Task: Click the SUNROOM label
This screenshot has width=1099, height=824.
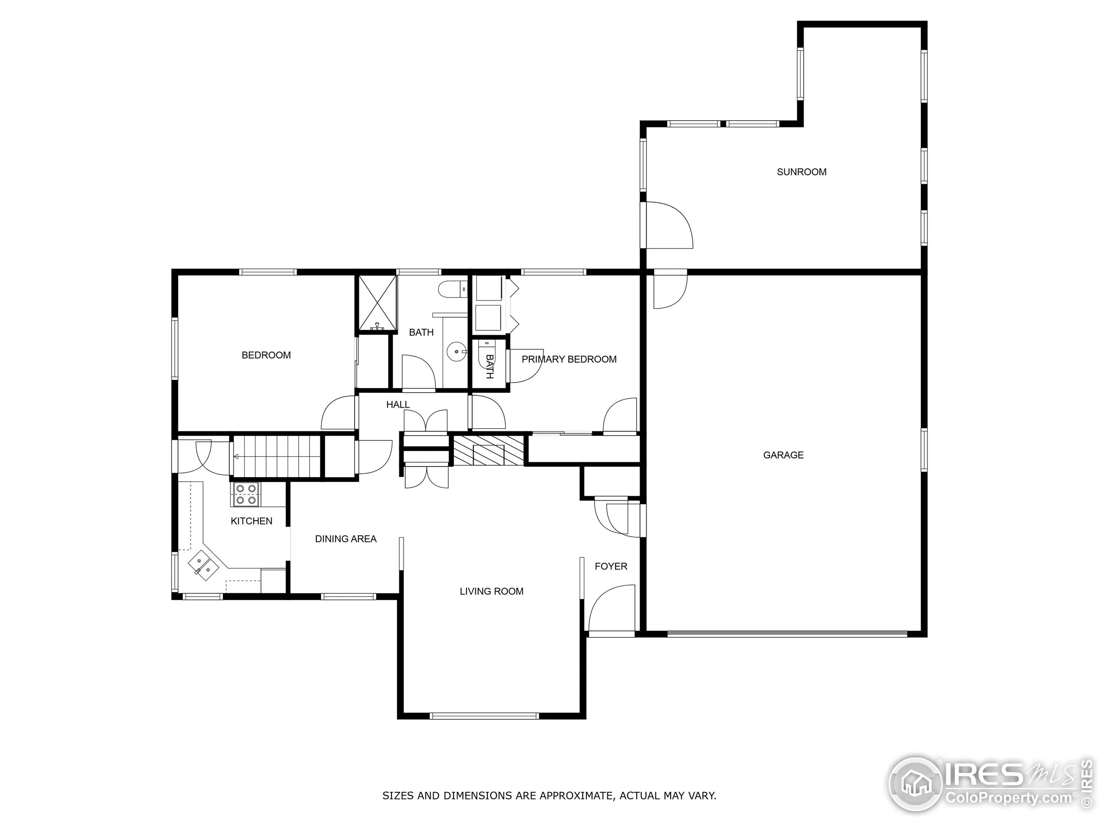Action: (801, 172)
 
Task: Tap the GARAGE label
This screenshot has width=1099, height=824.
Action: (783, 455)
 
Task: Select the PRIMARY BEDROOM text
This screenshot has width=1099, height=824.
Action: (569, 359)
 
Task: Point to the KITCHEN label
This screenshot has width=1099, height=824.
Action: (252, 521)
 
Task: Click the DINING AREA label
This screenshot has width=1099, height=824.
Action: (346, 539)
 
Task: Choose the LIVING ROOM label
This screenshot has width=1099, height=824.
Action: (492, 591)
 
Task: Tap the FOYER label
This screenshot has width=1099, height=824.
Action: (610, 566)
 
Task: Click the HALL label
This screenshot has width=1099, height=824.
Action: (398, 405)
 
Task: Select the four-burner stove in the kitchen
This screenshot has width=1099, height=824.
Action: (246, 495)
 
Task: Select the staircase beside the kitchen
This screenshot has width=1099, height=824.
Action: (276, 456)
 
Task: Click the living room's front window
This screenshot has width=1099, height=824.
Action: (484, 716)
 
